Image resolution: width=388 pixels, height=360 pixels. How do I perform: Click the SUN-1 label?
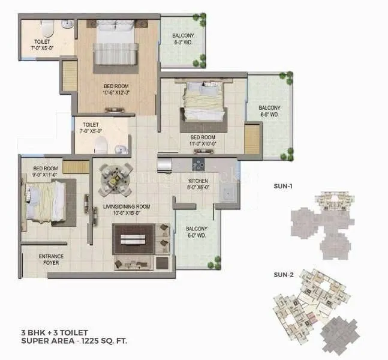282,186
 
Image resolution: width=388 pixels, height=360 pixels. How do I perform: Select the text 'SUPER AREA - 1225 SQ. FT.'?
74,340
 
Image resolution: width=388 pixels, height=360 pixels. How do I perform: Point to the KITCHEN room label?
198,180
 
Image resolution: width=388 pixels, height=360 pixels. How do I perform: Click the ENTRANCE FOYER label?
51,260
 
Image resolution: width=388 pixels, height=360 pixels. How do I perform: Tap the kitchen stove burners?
198,164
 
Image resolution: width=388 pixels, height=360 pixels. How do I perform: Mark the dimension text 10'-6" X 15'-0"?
125,212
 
